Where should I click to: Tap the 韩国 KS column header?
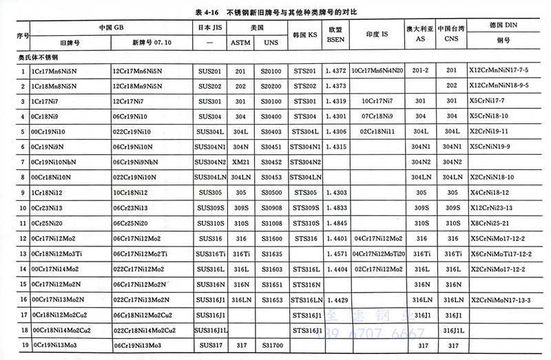304,34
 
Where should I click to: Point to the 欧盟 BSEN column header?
335,34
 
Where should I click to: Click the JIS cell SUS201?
208,71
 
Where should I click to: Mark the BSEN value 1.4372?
335,71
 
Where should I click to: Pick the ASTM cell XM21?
240,162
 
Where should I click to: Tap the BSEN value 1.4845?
335,224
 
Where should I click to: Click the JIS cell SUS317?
208,346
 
